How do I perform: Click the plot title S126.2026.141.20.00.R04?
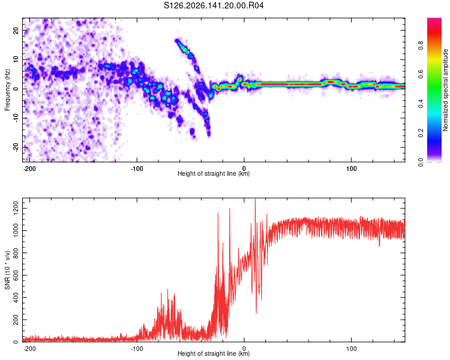(x=214, y=5)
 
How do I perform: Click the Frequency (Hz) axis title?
(x=7, y=90)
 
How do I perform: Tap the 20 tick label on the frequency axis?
(x=16, y=31)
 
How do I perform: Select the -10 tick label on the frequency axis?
(x=16, y=118)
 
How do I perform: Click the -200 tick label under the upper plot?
(x=29, y=169)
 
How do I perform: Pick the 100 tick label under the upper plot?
(x=351, y=169)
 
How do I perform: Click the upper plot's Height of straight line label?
(x=214, y=173)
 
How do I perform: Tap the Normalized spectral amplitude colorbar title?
(x=445, y=90)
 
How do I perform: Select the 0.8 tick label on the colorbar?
(x=421, y=45)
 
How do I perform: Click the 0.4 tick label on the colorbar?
(x=421, y=104)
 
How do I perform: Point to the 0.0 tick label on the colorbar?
(x=421, y=162)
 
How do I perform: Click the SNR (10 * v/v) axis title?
(x=7, y=270)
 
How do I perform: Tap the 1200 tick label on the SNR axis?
(x=16, y=208)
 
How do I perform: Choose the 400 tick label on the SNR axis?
(x=16, y=298)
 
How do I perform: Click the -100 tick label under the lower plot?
(x=137, y=349)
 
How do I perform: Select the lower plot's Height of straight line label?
(x=214, y=353)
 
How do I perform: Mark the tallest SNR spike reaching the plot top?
(x=256, y=199)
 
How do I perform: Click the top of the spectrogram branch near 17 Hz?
(x=176, y=40)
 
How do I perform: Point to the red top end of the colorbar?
(x=434, y=19)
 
